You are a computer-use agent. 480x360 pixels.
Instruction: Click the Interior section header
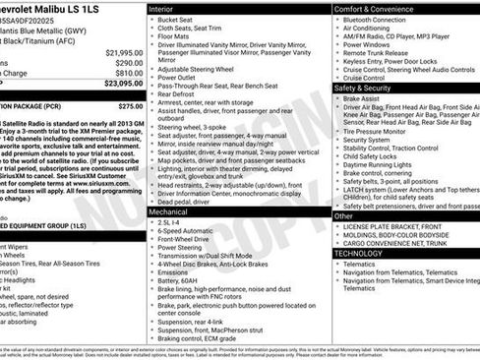point(161,8)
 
